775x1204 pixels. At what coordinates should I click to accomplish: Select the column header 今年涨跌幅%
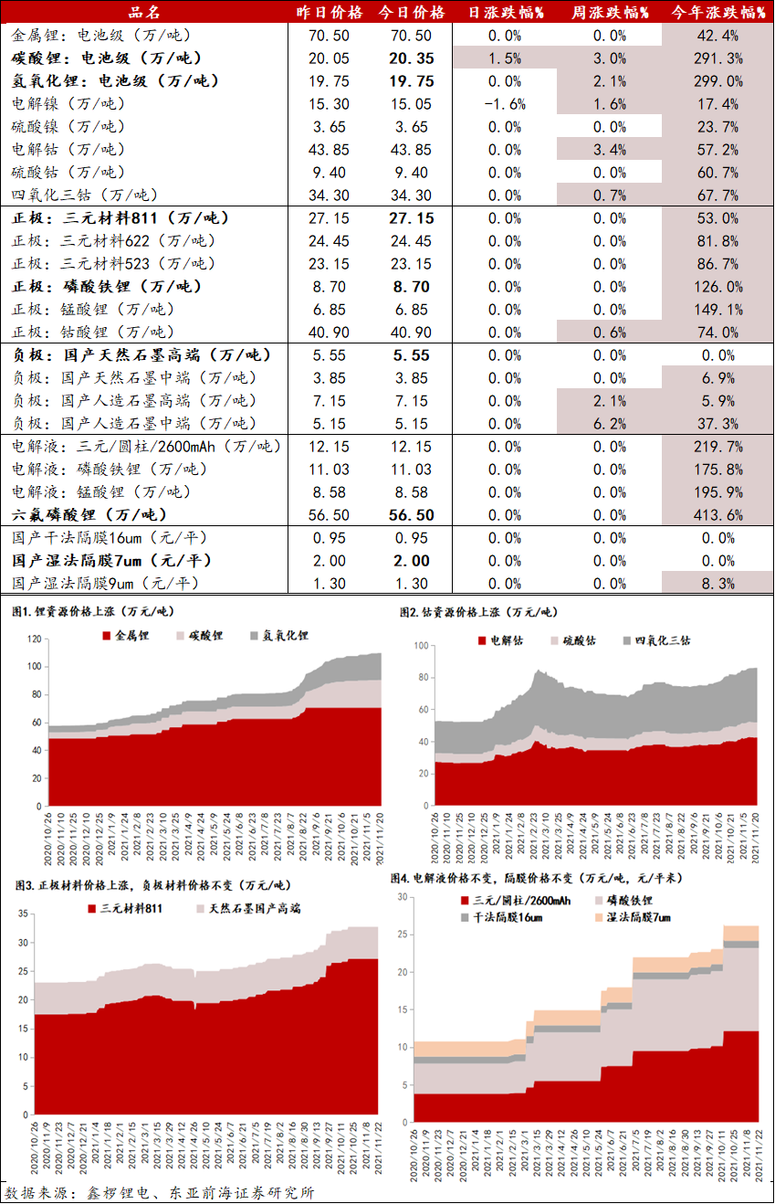[x=717, y=12]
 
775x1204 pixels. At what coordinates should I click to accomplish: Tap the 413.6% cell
[x=717, y=515]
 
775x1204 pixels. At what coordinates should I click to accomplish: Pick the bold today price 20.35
[x=411, y=58]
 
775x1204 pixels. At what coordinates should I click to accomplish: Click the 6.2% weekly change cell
[x=610, y=424]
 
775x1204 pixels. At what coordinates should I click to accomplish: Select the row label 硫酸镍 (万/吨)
[x=69, y=127]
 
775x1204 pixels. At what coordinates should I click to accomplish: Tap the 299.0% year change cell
[x=717, y=81]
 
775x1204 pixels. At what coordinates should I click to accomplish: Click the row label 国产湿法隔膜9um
[x=105, y=584]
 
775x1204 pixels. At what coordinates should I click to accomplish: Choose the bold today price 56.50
[x=411, y=515]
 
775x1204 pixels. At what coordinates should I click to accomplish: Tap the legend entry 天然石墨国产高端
[x=248, y=909]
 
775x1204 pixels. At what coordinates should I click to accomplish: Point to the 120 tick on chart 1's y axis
[x=36, y=639]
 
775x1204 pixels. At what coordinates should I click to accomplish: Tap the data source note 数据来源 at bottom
[x=160, y=1193]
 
